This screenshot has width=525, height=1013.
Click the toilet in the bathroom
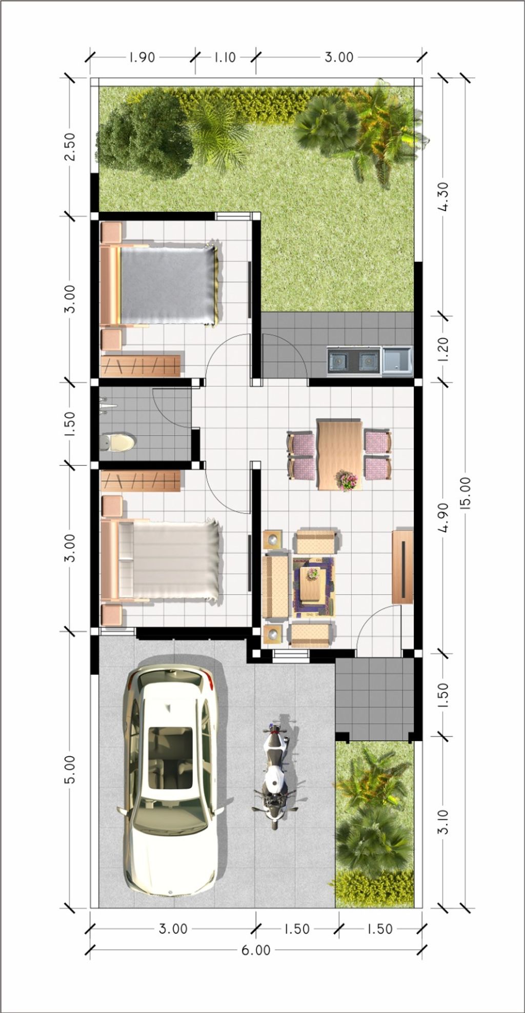119,442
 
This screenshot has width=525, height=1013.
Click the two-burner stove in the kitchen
353,361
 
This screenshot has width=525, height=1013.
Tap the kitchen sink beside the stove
397,360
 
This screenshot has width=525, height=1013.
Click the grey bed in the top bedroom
167,286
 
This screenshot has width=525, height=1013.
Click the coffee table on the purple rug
312,585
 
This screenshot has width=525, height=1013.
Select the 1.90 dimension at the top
141,57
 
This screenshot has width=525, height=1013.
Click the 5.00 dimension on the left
70,768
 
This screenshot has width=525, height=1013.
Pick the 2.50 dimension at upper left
70,147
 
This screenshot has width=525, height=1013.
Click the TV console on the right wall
402,566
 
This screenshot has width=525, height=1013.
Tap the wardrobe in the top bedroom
140,366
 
